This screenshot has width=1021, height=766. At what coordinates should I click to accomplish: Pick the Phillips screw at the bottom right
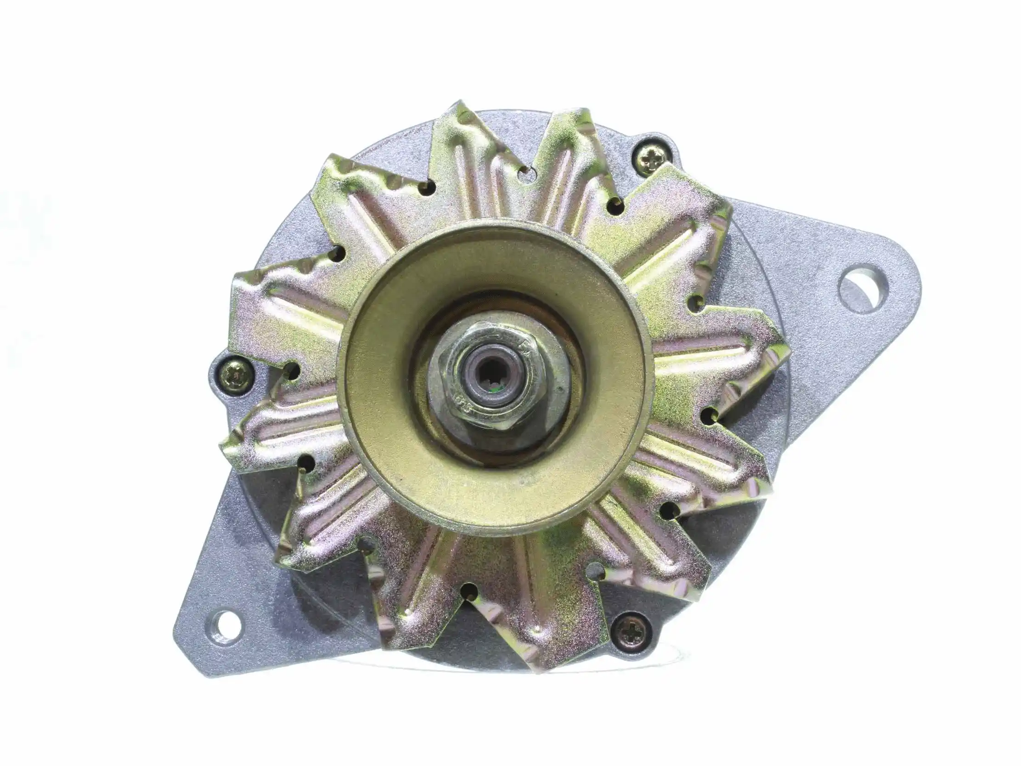click(630, 631)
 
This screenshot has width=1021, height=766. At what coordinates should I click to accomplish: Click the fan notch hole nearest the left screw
click(290, 369)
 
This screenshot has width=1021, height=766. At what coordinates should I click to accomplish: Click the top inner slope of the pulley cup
click(494, 259)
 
